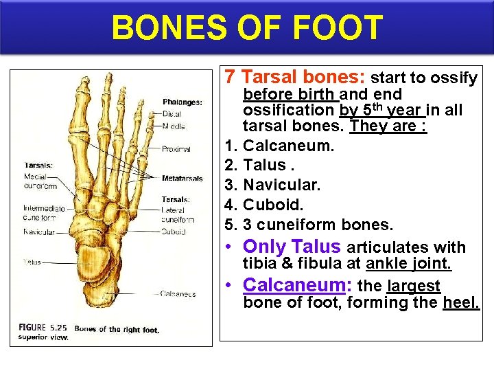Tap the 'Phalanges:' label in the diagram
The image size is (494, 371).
coord(183,102)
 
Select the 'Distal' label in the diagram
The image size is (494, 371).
coord(172,114)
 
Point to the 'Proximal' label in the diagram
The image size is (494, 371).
coord(177,149)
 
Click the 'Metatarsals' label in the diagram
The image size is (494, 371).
coord(183,179)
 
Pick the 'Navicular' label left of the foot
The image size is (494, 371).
coord(38,232)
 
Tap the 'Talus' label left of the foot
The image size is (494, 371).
coord(32,262)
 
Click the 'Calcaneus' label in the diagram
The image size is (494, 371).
coord(178,294)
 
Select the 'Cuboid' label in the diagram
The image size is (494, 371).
coord(174,232)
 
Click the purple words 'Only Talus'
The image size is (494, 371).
coord(292,247)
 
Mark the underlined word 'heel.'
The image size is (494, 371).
coord(462,302)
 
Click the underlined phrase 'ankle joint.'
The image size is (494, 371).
coord(408,264)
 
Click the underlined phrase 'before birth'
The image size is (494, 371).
coord(288,94)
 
